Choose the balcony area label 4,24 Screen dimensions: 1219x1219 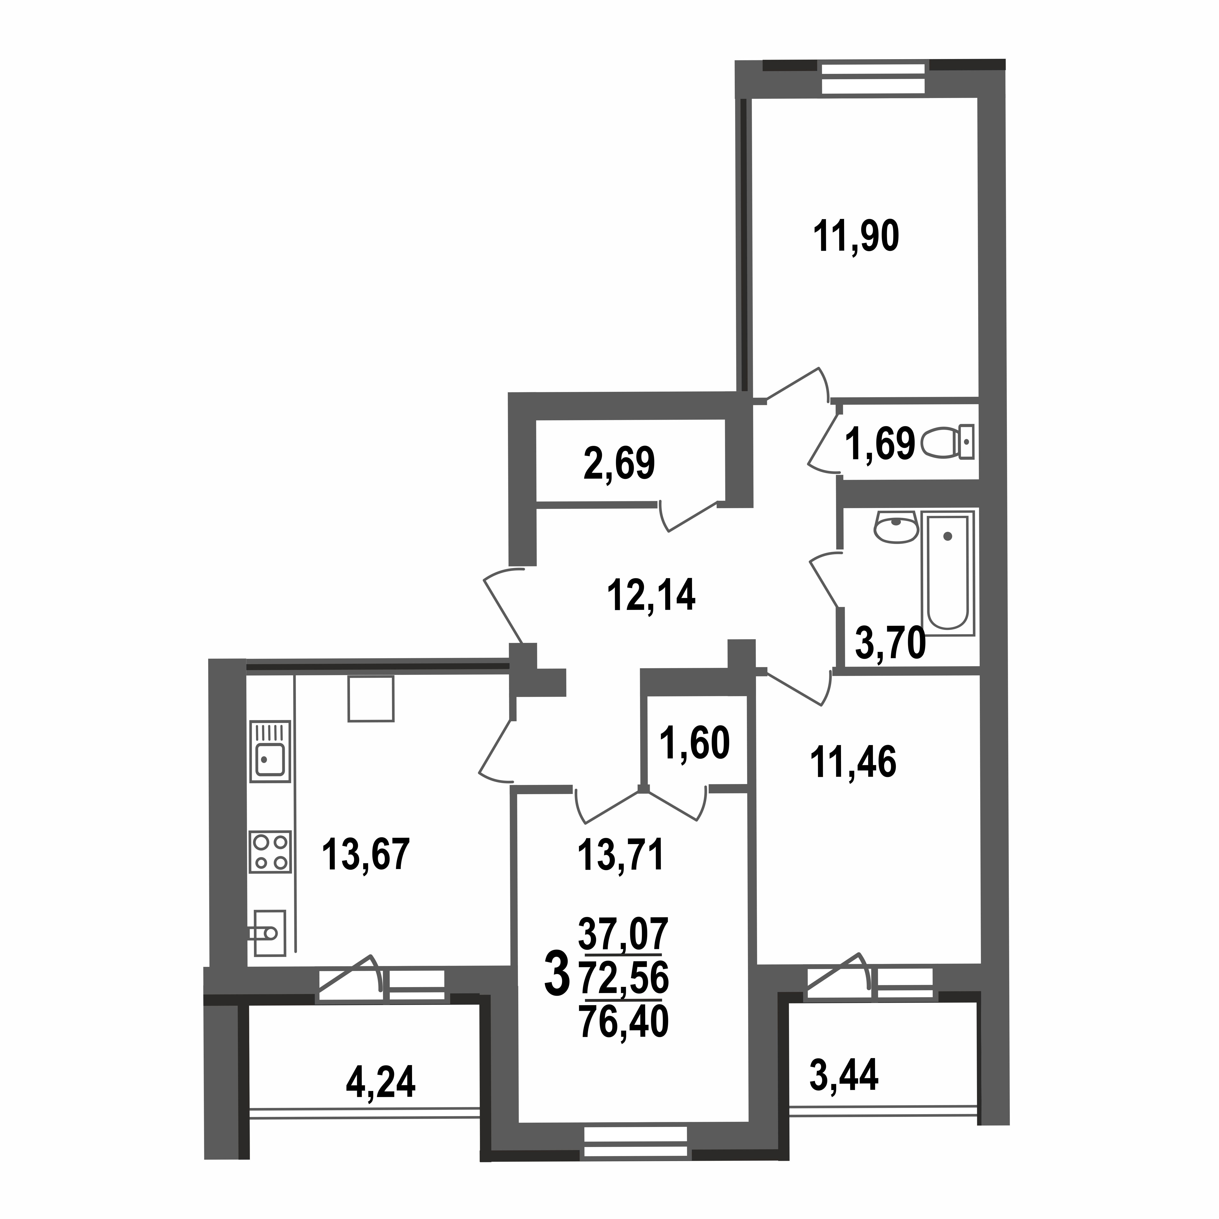[380, 1083]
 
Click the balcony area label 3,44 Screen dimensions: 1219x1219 [844, 1076]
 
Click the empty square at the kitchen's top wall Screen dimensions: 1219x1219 [370, 698]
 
